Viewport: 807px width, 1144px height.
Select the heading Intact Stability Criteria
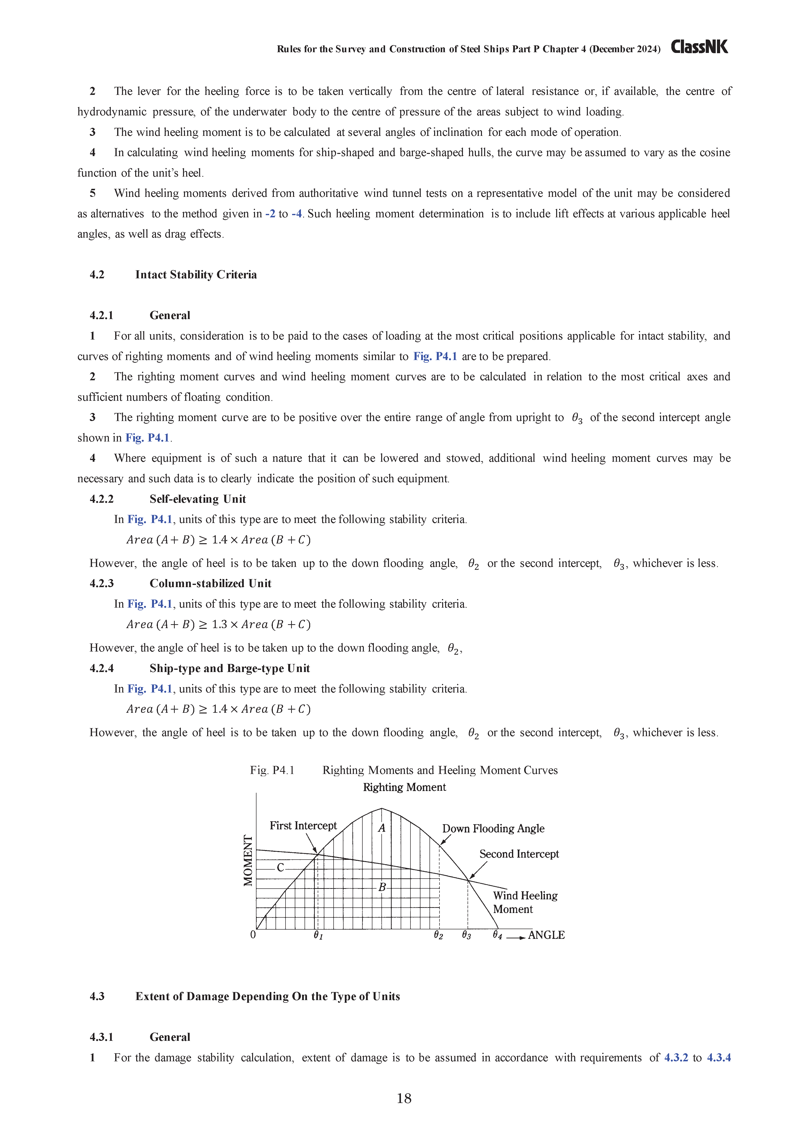[196, 275]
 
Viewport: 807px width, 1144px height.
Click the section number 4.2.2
[102, 499]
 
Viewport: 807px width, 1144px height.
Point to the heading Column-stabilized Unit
[210, 583]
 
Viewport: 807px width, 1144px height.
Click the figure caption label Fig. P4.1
[272, 770]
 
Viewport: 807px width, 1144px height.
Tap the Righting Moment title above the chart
[404, 787]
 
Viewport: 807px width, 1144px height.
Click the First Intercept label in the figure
[303, 826]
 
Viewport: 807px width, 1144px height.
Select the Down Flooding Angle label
[493, 829]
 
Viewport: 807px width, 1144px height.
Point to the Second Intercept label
[519, 854]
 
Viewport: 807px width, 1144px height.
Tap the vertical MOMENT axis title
[248, 861]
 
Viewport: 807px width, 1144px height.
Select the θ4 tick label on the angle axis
[497, 935]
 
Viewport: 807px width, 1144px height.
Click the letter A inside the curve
[382, 828]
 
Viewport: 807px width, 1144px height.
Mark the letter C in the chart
[280, 867]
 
